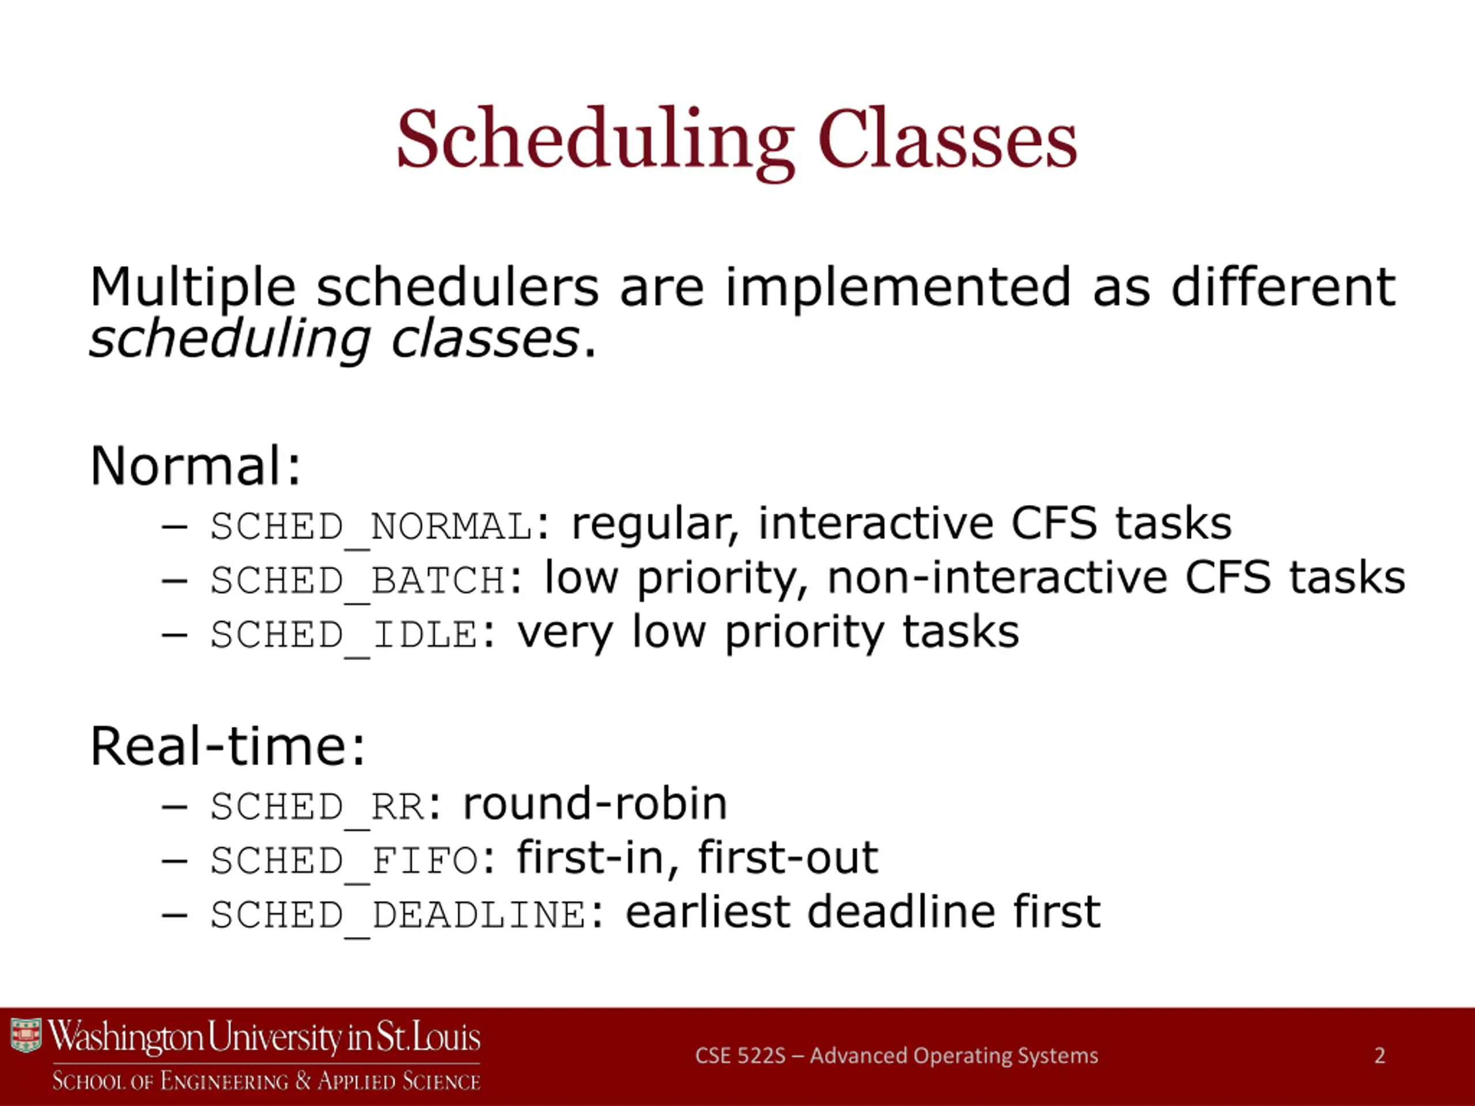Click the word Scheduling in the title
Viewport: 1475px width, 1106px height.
(595, 141)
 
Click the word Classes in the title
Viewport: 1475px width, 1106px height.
(948, 138)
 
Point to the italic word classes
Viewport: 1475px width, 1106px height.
(485, 339)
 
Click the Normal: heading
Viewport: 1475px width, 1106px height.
(196, 465)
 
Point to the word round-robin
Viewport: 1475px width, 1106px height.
(595, 804)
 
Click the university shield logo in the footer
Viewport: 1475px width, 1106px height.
(26, 1035)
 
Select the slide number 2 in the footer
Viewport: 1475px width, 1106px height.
(1380, 1055)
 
